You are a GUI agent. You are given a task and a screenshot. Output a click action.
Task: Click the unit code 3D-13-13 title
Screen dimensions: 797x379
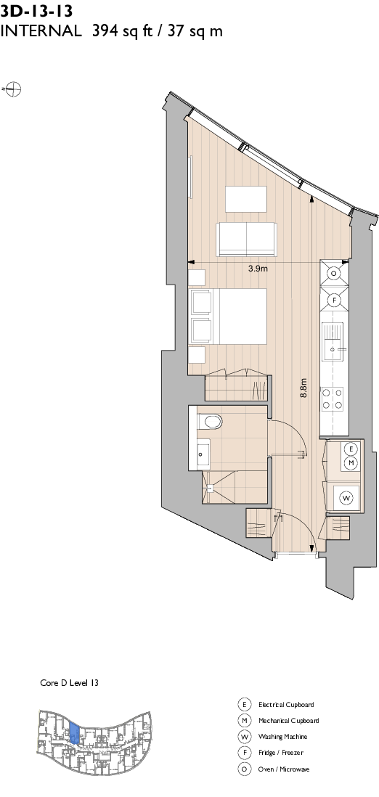click(36, 9)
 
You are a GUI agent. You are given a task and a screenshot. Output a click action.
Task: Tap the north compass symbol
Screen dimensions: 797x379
click(13, 90)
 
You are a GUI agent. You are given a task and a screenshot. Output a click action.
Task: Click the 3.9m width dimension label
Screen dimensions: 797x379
click(258, 268)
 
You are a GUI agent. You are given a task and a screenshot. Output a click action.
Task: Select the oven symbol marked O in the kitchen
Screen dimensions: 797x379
click(334, 274)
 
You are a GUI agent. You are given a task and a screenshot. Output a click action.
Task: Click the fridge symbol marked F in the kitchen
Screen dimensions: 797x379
click(334, 299)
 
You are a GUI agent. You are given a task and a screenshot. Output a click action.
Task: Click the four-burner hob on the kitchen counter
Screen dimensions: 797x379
click(333, 398)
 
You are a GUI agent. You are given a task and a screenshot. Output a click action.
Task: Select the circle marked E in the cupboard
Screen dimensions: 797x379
click(351, 449)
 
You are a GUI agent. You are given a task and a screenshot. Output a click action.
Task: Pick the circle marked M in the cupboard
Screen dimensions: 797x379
click(351, 462)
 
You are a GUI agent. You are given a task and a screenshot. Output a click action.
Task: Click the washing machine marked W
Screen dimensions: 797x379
click(346, 498)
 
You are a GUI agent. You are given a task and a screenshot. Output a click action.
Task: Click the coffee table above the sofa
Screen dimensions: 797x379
click(246, 199)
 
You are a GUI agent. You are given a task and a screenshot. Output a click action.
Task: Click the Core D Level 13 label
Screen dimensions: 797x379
click(69, 684)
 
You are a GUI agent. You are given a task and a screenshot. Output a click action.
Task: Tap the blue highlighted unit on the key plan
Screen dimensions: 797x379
click(74, 733)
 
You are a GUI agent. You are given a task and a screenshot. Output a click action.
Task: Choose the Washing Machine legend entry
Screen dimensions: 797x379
click(282, 737)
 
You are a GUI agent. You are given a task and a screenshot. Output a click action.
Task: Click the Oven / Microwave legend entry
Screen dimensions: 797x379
click(284, 769)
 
